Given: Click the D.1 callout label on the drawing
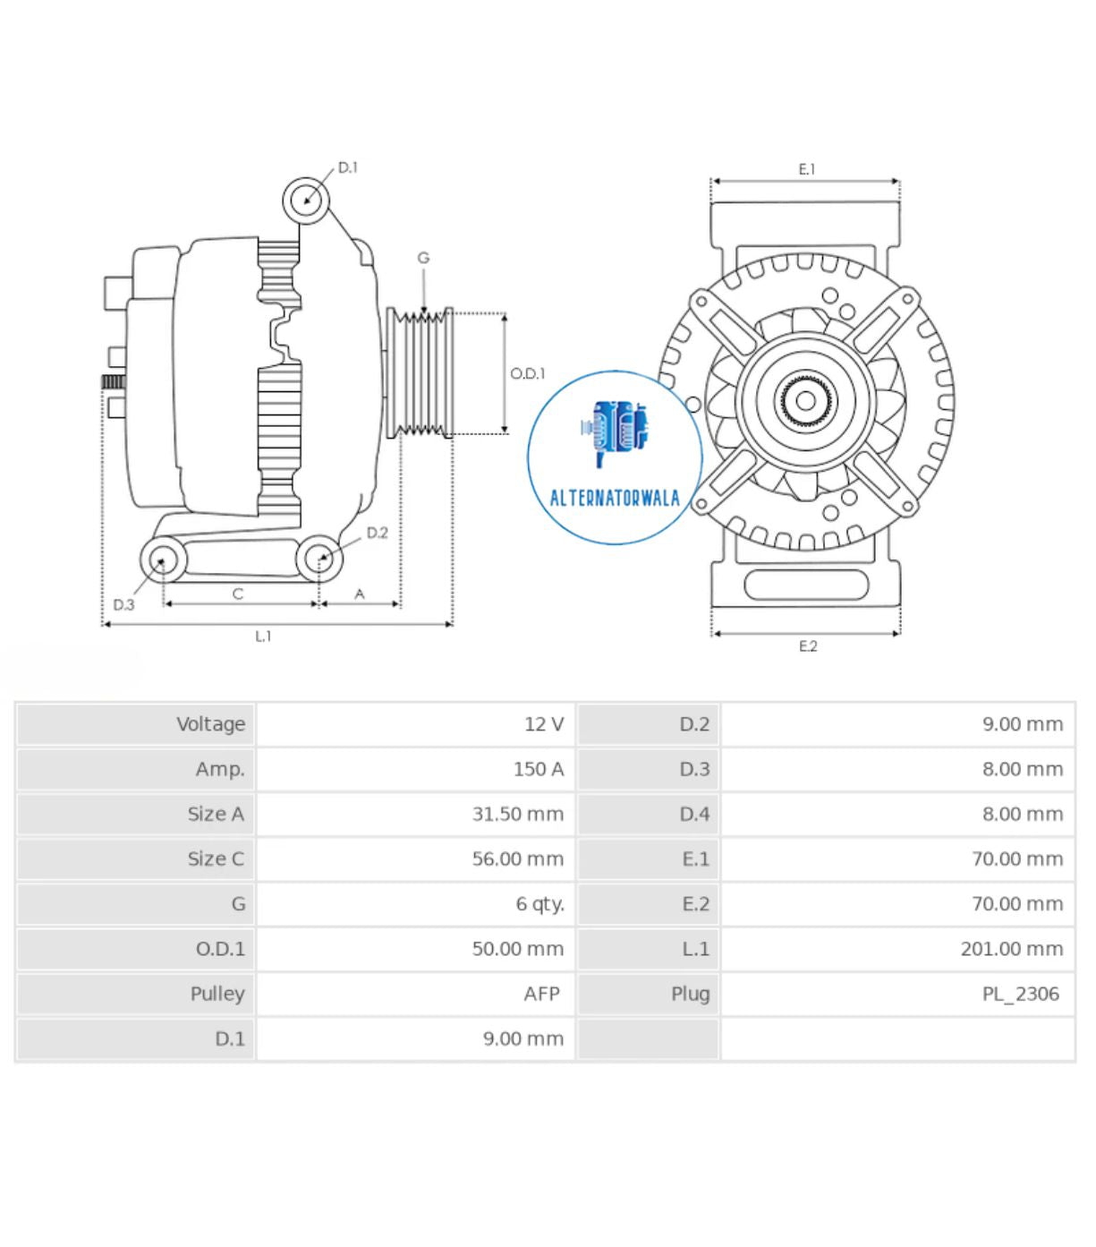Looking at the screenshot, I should (347, 167).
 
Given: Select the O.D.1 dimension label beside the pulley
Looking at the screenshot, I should (527, 373).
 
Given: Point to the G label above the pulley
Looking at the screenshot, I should (423, 258).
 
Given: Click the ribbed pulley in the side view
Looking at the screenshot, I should (420, 373).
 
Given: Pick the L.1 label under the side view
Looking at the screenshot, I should (263, 636).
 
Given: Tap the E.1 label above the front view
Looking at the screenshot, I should (806, 169).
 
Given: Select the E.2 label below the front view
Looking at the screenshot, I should (807, 646).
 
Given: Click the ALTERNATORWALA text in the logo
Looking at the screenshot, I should (615, 499).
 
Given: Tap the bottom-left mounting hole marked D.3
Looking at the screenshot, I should (163, 560).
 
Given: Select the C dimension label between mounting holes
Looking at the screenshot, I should (238, 594).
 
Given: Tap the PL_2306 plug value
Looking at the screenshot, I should (1020, 994).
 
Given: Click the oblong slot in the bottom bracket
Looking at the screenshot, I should (805, 585).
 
